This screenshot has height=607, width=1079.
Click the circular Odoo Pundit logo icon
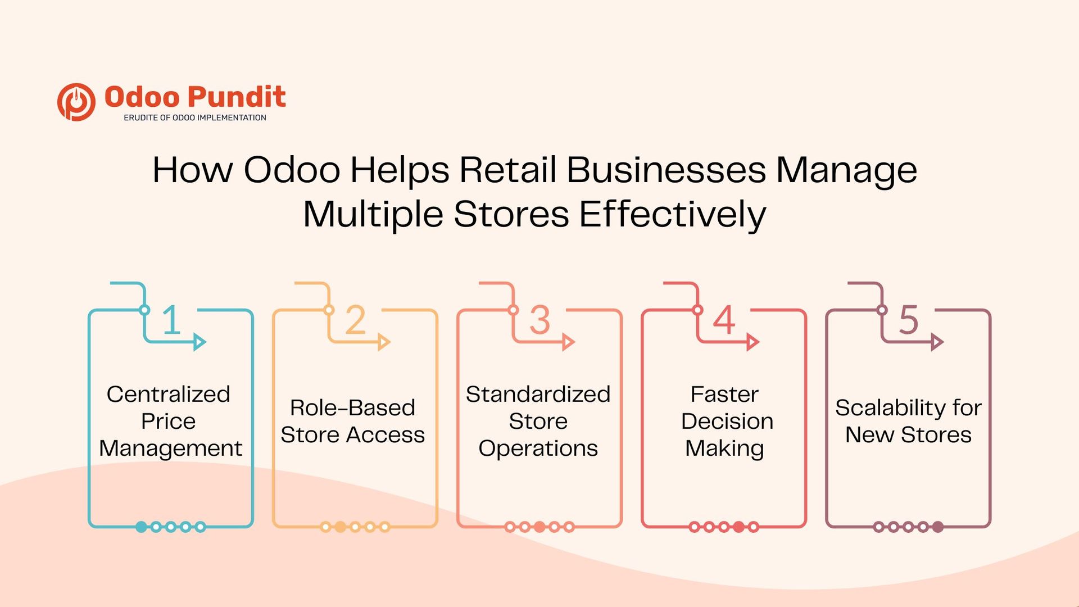[x=76, y=102]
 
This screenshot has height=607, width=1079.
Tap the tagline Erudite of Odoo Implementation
[x=194, y=118]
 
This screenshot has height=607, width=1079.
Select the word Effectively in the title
[x=672, y=215]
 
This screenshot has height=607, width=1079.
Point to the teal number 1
[x=171, y=320]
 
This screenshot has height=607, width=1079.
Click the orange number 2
[x=355, y=320]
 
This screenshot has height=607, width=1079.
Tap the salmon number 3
[x=539, y=320]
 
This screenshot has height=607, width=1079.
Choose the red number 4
[x=724, y=320]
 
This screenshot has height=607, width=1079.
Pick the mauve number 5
[x=908, y=320]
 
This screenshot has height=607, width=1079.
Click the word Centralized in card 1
[x=169, y=395]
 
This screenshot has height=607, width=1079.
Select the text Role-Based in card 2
[x=352, y=408]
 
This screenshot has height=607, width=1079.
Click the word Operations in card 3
[x=538, y=449]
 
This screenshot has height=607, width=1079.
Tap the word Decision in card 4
[x=727, y=422]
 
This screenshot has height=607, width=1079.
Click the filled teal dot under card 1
[x=141, y=527]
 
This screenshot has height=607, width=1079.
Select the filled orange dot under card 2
[x=340, y=527]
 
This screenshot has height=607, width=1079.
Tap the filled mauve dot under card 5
[x=937, y=527]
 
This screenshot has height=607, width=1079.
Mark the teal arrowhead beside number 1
[x=200, y=342]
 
